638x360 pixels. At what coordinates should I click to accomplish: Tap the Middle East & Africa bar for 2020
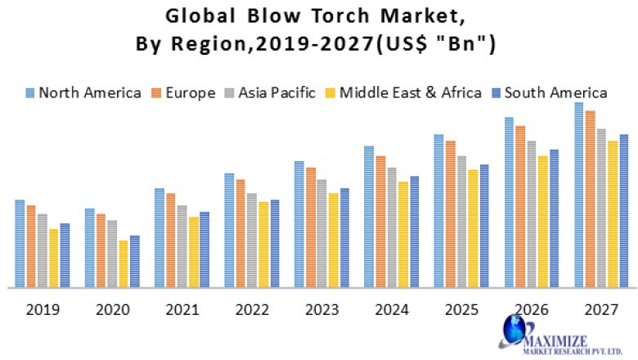click(x=124, y=263)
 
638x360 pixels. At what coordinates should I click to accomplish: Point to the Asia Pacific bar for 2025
click(x=461, y=222)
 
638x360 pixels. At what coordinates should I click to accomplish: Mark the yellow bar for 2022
click(x=263, y=245)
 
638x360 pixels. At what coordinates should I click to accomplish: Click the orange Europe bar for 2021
click(x=170, y=241)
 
